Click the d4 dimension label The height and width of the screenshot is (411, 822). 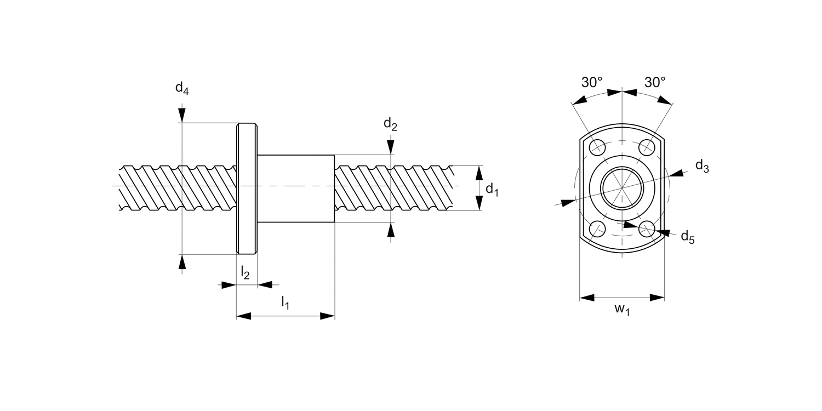(x=182, y=89)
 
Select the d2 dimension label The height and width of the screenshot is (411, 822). (x=390, y=125)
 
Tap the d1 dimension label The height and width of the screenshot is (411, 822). (x=492, y=189)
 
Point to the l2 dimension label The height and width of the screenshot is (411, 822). (x=245, y=271)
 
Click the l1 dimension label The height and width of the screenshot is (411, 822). (x=285, y=302)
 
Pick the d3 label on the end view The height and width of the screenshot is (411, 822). (x=702, y=166)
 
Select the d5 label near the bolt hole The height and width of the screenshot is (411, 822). (x=687, y=237)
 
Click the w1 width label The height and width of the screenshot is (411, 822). (x=621, y=310)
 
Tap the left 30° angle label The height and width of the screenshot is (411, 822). (x=592, y=83)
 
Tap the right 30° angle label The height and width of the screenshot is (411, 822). (x=655, y=83)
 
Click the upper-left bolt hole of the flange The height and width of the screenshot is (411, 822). (x=597, y=147)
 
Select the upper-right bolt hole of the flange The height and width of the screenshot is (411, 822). (x=647, y=147)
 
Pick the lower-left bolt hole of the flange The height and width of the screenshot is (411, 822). (x=597, y=229)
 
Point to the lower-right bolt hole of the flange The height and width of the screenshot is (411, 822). (x=647, y=229)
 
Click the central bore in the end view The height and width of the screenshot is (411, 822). (x=622, y=188)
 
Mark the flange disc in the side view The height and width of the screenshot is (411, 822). (x=247, y=188)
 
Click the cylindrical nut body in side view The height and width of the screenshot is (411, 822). (x=296, y=188)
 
